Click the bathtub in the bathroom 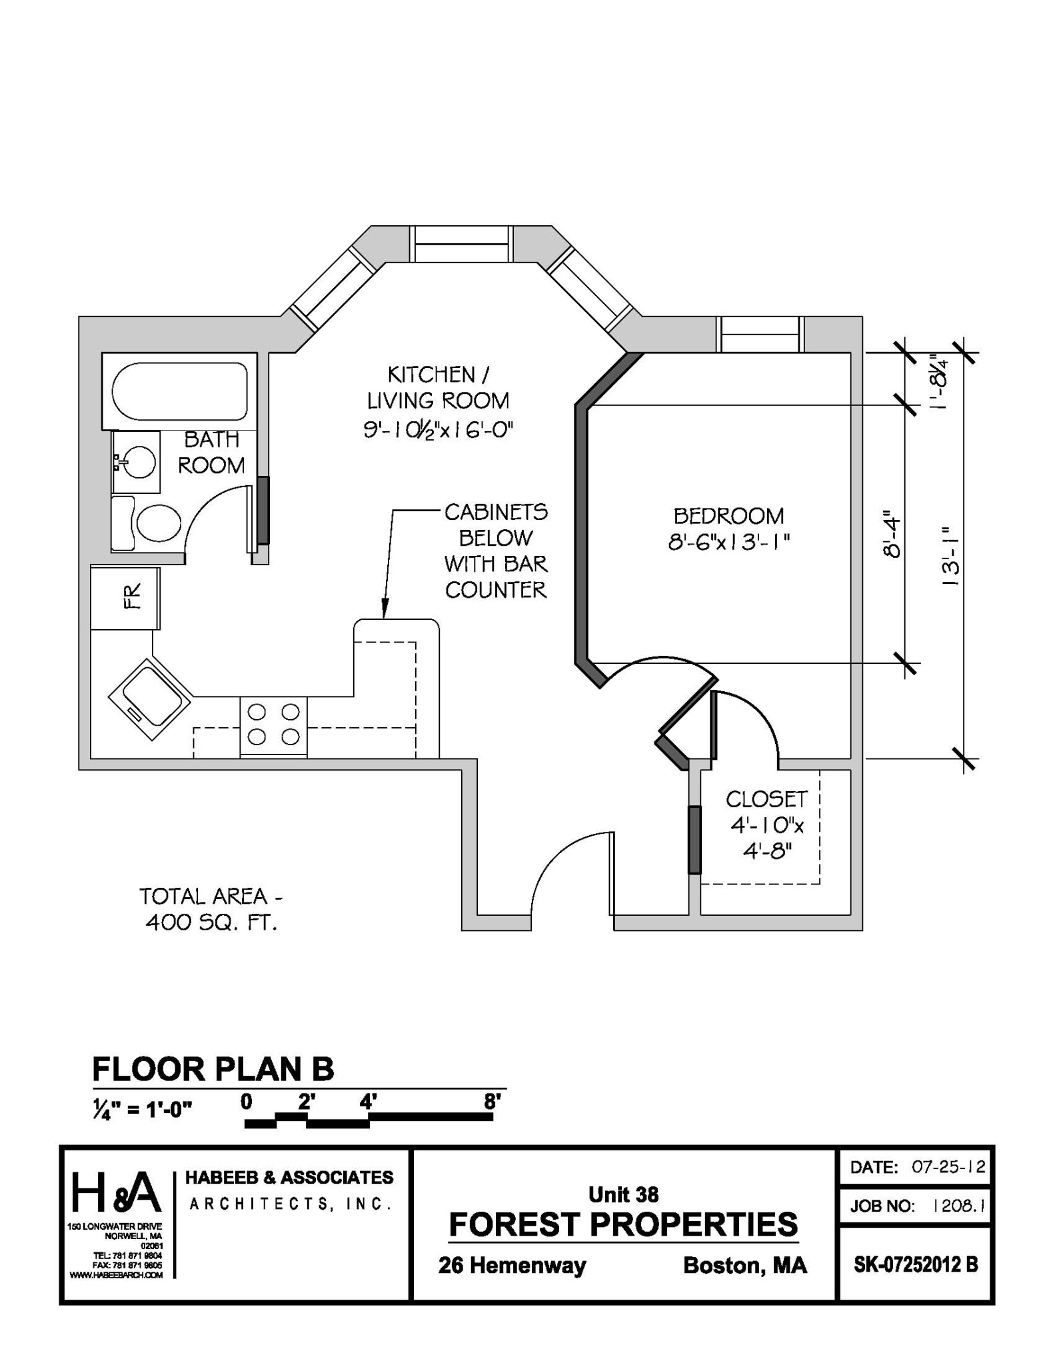(179, 391)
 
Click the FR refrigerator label (133, 597)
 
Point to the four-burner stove (273, 725)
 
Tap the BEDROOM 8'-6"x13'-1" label (729, 529)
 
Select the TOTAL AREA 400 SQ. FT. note (211, 909)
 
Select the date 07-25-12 (948, 1167)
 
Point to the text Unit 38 (623, 1194)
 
